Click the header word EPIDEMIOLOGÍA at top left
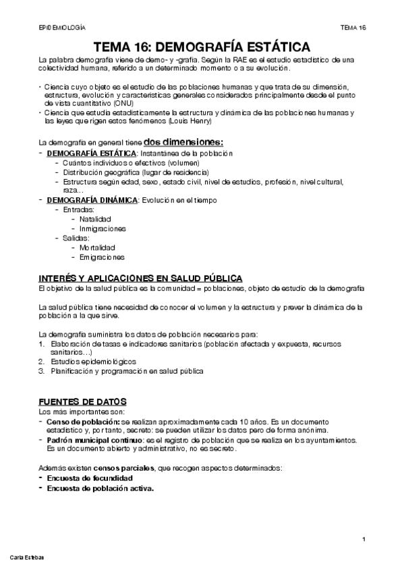pyautogui.click(x=63, y=28)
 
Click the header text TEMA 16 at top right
pyautogui.click(x=353, y=28)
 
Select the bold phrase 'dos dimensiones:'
pyautogui.click(x=183, y=142)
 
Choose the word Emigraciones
pyautogui.click(x=100, y=257)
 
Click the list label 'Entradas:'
pyautogui.click(x=78, y=209)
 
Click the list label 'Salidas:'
pyautogui.click(x=76, y=238)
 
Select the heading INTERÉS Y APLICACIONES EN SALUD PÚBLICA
pyautogui.click(x=141, y=279)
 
